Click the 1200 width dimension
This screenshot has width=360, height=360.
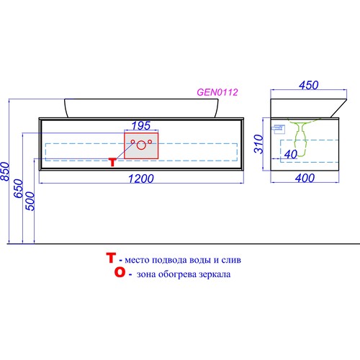point(141,179)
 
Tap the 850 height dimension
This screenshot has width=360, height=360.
point(5,171)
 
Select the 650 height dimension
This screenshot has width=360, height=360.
point(19,189)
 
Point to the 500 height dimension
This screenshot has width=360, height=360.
point(30,201)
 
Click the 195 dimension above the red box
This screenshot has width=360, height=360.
point(141,125)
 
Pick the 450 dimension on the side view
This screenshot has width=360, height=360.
point(309,85)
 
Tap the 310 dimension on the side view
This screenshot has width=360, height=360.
point(259,144)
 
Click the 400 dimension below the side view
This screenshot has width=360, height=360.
point(305,178)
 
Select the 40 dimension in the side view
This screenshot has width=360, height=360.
point(291,154)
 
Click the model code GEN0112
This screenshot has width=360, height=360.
point(217,92)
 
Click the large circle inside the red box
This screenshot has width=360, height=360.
point(141,145)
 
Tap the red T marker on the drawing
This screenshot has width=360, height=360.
point(113,162)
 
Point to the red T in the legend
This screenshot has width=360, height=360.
point(111,258)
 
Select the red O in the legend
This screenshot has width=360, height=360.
point(120,272)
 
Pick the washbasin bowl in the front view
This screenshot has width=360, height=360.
point(141,108)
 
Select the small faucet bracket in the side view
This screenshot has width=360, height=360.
point(279,129)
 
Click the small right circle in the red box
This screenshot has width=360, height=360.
point(150,142)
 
